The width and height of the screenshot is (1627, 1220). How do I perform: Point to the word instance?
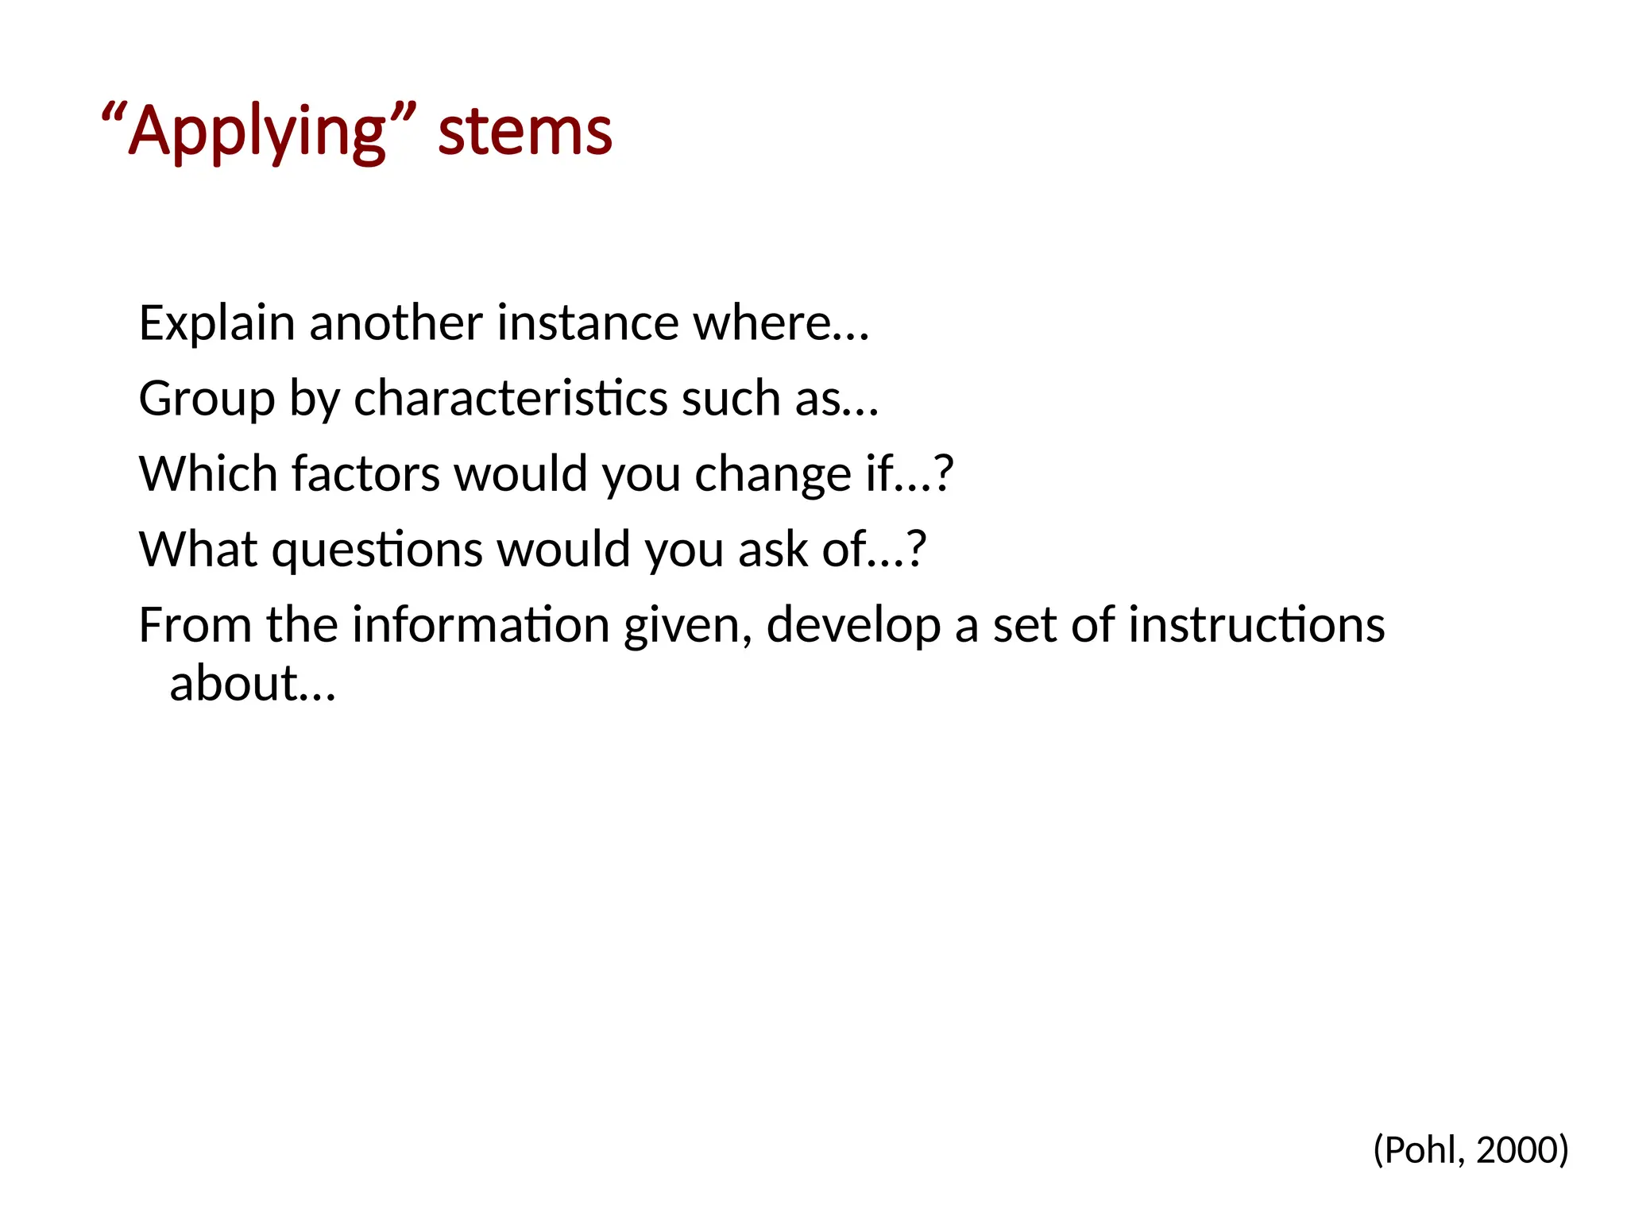589,323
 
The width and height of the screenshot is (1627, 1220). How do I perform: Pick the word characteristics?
510,398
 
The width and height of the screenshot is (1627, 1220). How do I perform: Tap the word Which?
208,473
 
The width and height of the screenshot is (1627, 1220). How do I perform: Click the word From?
195,624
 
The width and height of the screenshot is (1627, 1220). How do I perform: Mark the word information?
480,624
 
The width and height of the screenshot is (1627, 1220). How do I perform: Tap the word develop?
853,626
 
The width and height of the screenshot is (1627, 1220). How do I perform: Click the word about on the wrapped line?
234,684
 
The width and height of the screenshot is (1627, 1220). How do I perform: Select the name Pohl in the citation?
1424,1150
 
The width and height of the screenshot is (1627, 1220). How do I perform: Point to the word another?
396,323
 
